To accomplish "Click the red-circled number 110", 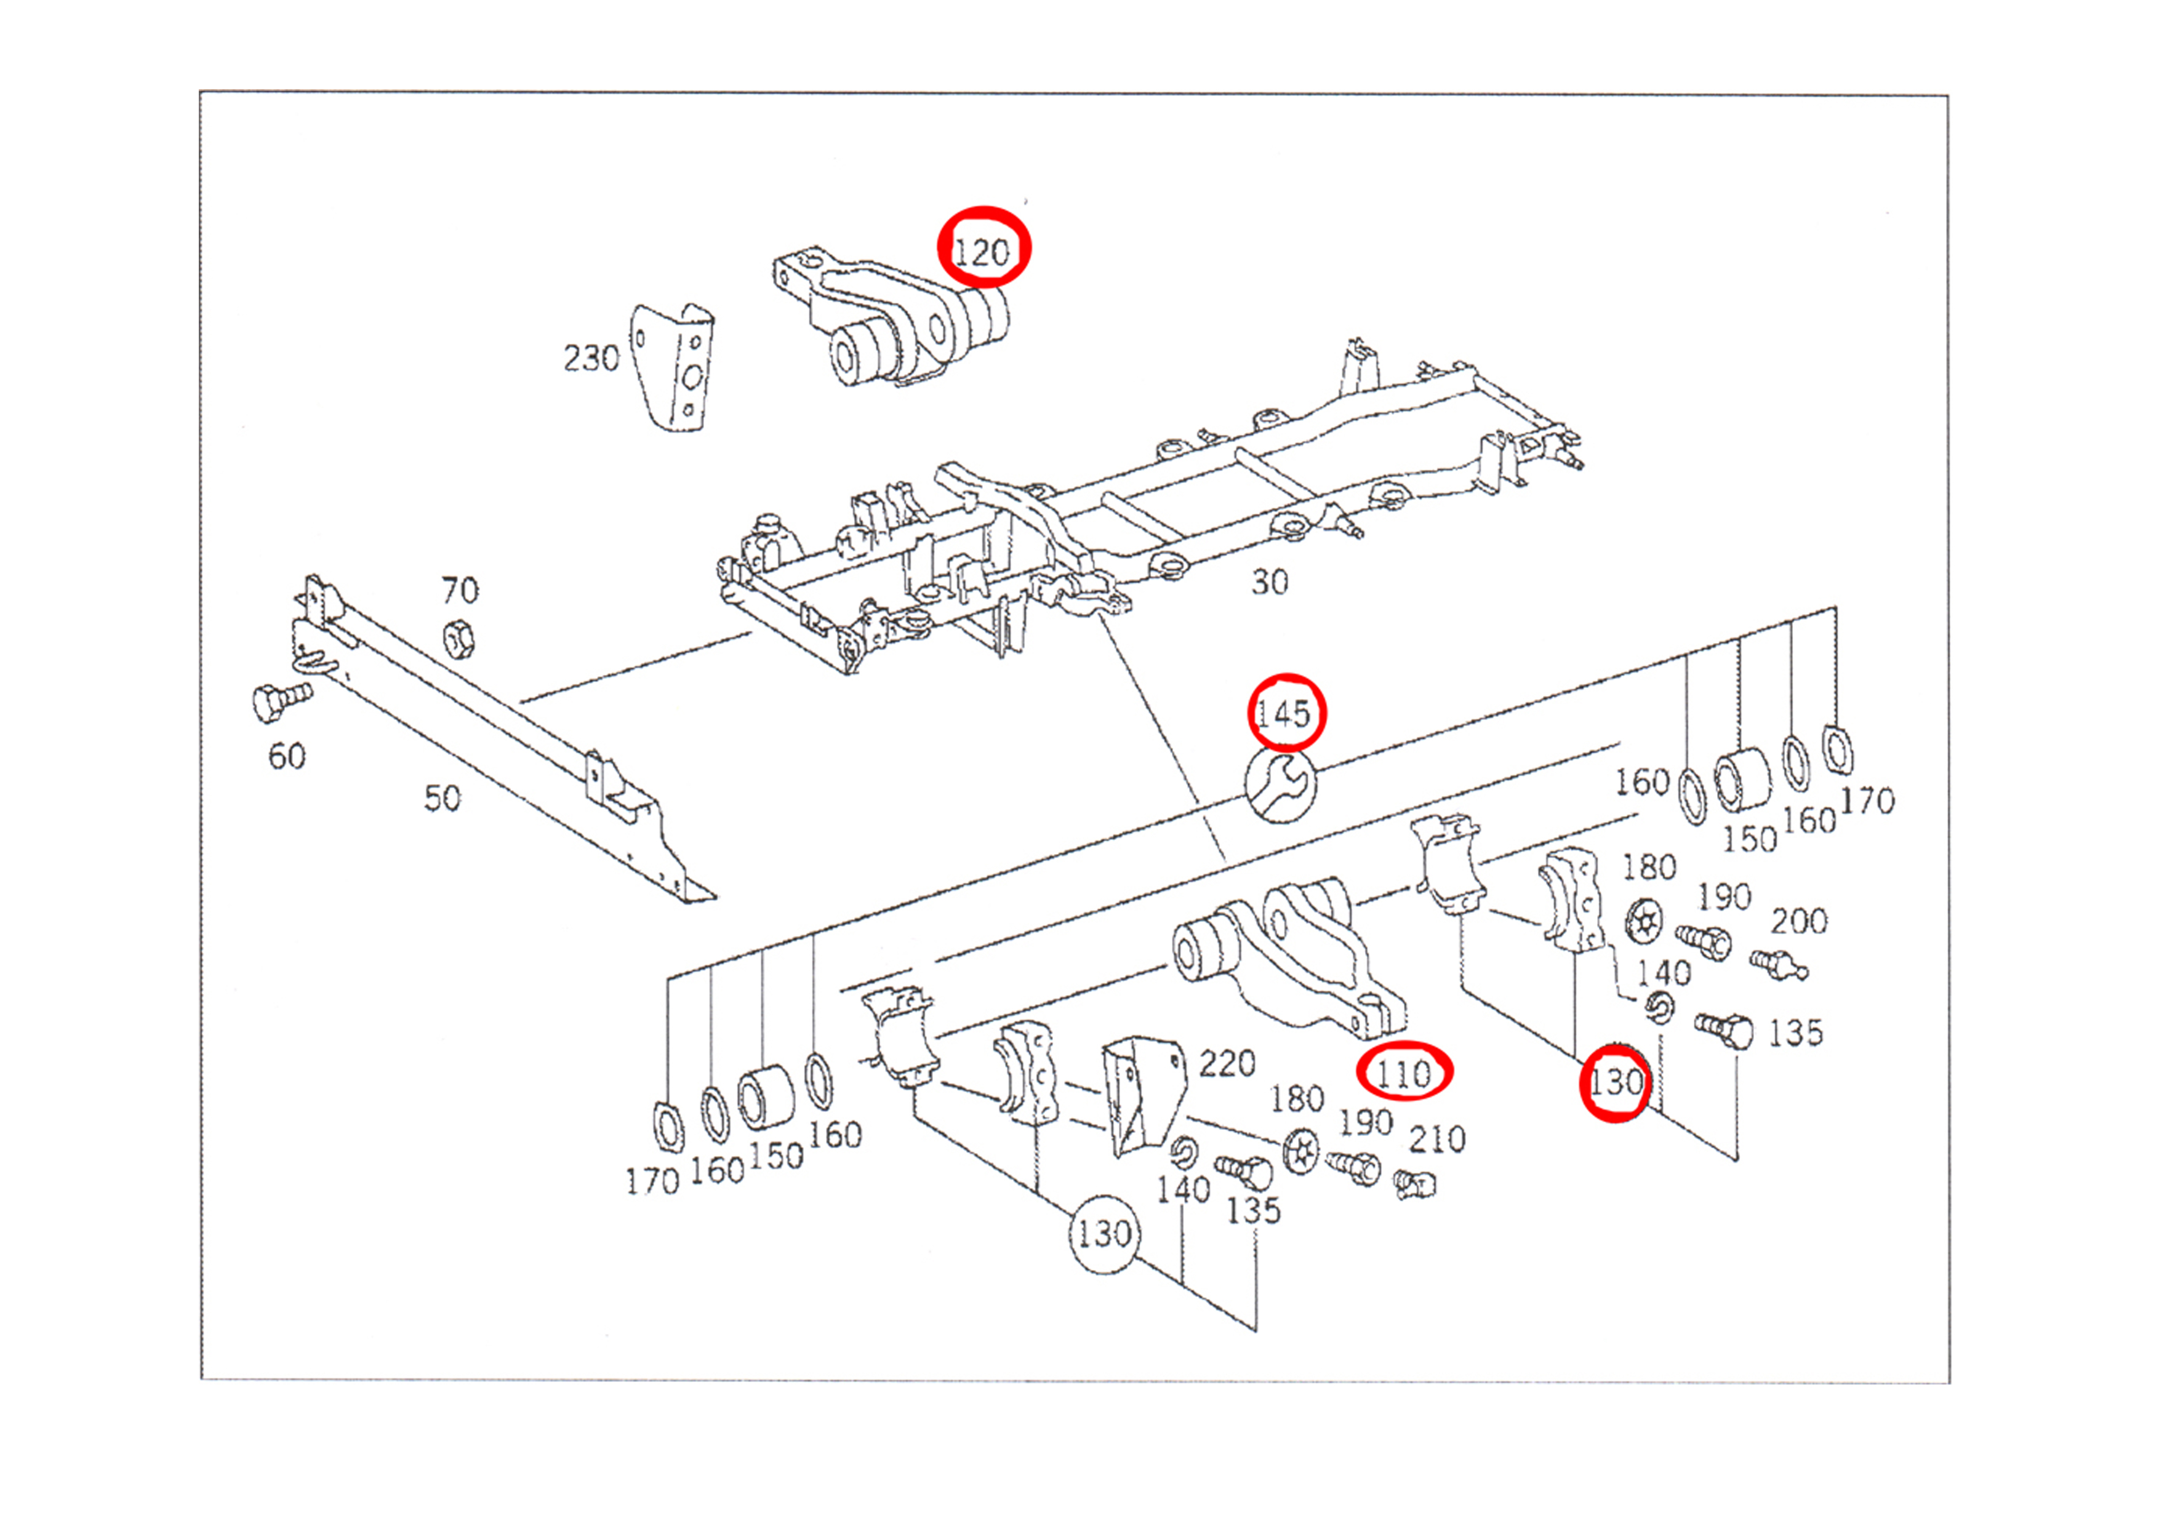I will click(x=1403, y=1073).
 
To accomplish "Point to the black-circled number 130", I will click(x=1104, y=1234).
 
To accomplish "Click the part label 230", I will click(x=591, y=358).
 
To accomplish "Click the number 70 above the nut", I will click(x=460, y=591).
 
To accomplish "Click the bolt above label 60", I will click(x=279, y=701).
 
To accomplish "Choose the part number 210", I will click(x=1437, y=1140).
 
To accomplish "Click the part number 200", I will click(x=1799, y=921).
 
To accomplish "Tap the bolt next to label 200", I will click(x=1778, y=964).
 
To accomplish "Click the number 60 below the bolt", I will click(x=287, y=756).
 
